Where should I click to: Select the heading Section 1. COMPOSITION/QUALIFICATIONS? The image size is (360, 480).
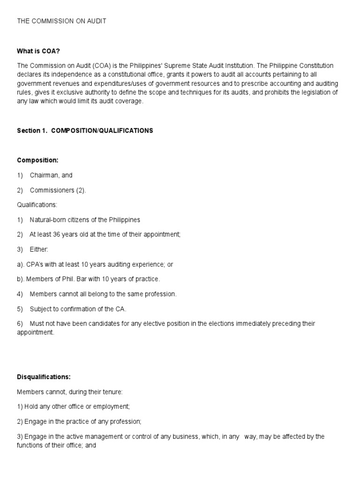coord(85,131)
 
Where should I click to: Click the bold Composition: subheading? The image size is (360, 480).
coord(38,160)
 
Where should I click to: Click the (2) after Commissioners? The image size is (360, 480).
coord(81,190)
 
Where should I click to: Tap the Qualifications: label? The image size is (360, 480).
coord(37,205)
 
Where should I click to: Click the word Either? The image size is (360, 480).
coord(39,249)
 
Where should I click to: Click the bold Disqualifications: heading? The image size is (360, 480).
coord(44,376)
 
